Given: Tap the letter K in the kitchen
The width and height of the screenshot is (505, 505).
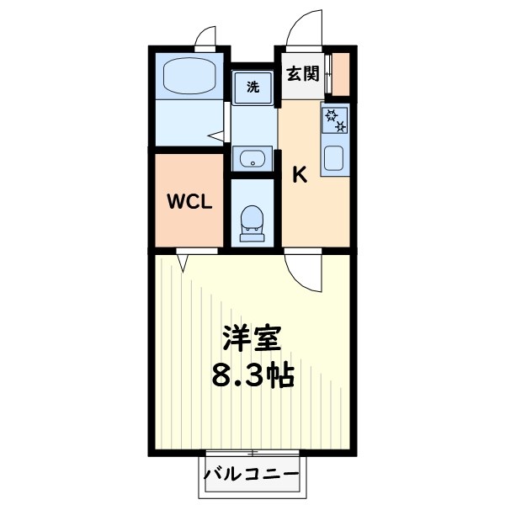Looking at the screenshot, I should pyautogui.click(x=298, y=175).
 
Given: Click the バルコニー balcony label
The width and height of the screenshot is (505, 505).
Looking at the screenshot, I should pyautogui.click(x=252, y=476).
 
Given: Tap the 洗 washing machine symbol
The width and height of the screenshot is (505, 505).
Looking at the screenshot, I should pyautogui.click(x=252, y=85).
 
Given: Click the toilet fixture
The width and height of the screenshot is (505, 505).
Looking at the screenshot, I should pyautogui.click(x=252, y=222).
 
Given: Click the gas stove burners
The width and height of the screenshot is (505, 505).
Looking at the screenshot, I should pyautogui.click(x=335, y=120).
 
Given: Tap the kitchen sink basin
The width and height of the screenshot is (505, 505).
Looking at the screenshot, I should pyautogui.click(x=334, y=157).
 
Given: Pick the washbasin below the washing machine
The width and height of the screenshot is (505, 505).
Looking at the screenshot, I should pyautogui.click(x=251, y=157).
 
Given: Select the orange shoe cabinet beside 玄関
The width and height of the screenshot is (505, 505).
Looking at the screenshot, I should pyautogui.click(x=341, y=75).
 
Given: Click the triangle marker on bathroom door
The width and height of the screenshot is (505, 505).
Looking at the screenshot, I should pyautogui.click(x=216, y=135).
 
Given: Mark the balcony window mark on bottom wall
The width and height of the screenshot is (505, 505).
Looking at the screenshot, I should pyautogui.click(x=252, y=453).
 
